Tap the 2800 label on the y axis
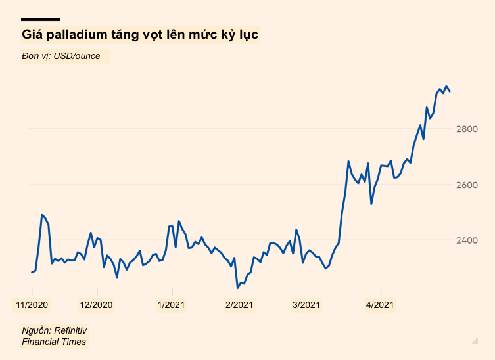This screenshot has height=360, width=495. point(466,129)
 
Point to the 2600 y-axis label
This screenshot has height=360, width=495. point(466,185)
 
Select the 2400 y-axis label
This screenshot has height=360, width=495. point(466,240)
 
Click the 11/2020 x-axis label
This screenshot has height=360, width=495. point(32,305)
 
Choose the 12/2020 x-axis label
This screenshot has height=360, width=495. point(97,305)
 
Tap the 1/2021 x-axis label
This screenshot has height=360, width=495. point(172,305)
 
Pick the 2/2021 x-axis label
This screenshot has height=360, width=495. point(239,305)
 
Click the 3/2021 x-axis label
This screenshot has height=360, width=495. point(306,305)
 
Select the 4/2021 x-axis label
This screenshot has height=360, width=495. point(380,305)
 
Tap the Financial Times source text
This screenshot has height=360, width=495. point(54,342)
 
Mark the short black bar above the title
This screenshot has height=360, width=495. point(41,20)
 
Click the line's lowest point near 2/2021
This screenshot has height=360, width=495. point(237,288)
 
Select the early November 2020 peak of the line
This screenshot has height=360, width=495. point(42,215)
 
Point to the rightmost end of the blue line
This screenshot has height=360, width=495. point(450,91)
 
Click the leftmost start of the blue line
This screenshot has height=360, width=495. point(32,272)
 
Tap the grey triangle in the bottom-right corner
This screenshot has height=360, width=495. point(475,340)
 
